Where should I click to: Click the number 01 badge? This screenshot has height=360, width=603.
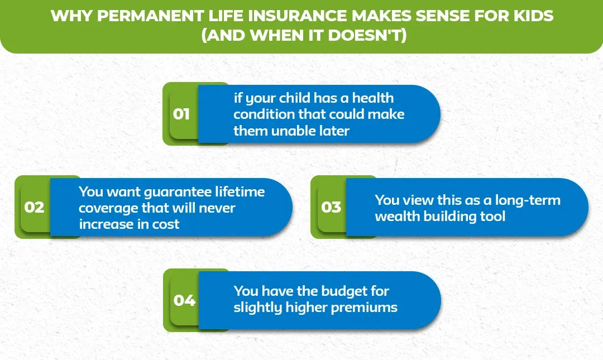point(181,114)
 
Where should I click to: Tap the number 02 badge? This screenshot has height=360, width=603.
point(34,208)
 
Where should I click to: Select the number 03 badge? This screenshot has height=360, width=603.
point(331,208)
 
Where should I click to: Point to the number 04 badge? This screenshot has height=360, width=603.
point(184,301)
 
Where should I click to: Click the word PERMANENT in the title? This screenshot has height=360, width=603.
point(143,15)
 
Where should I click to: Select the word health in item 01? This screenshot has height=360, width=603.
point(373,98)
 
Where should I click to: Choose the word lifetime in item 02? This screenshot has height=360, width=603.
point(240,191)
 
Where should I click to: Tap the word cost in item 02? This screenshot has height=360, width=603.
point(166,224)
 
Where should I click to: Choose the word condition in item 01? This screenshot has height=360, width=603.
point(262,114)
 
